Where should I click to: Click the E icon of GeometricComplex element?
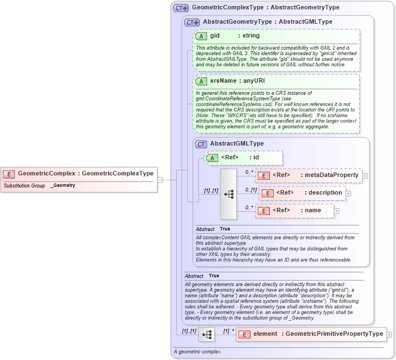(x=9, y=174)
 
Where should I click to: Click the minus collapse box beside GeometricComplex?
(x=160, y=179)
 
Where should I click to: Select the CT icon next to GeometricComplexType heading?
(x=181, y=8)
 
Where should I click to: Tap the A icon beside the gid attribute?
(x=202, y=36)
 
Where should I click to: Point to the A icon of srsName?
(x=202, y=81)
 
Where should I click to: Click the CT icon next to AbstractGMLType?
(x=202, y=144)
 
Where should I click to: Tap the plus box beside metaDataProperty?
(x=365, y=176)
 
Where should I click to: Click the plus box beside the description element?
(x=348, y=194)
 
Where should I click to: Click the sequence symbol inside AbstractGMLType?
(x=229, y=194)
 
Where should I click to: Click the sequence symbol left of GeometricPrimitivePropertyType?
(x=207, y=334)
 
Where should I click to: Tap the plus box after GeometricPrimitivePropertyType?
(x=389, y=334)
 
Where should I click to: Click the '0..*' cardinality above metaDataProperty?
(x=248, y=171)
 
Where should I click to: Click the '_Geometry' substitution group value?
(x=63, y=186)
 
